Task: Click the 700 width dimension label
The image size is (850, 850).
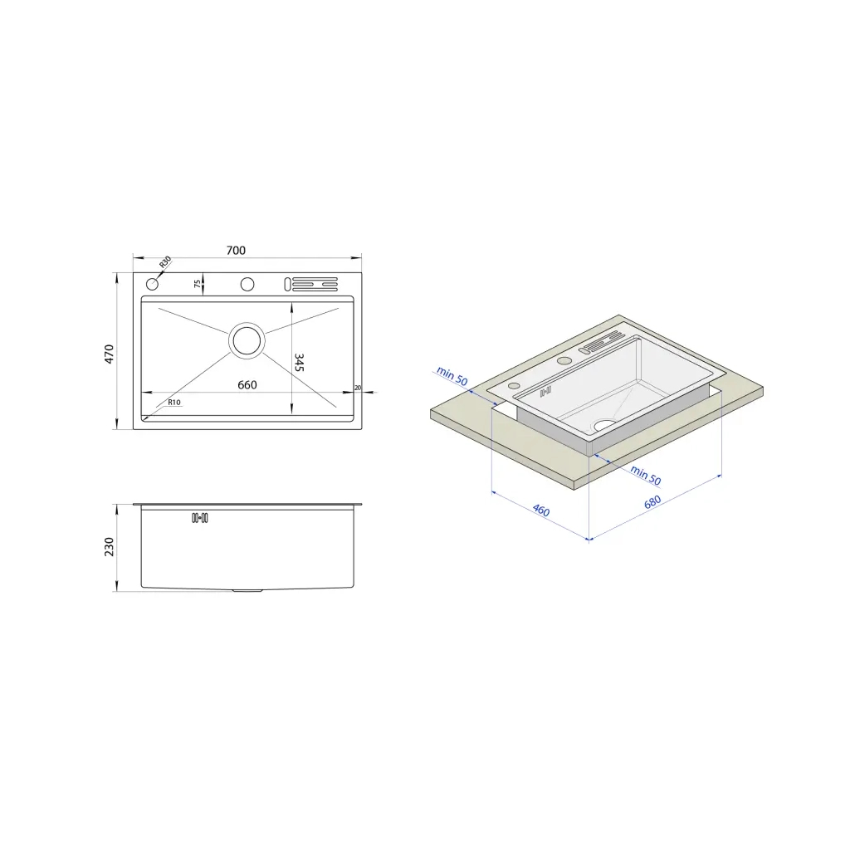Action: [x=236, y=251]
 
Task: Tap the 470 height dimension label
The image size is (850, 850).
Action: [x=109, y=354]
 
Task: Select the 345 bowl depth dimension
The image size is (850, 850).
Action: [x=299, y=362]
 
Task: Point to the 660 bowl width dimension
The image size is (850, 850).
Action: [x=247, y=385]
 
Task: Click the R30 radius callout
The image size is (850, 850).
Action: [x=165, y=262]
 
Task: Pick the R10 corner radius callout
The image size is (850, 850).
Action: [x=174, y=403]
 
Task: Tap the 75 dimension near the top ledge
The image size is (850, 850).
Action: [x=198, y=284]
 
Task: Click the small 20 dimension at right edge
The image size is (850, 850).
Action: [x=357, y=388]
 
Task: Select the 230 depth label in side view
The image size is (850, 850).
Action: [x=109, y=546]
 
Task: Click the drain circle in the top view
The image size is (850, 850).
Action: [x=247, y=340]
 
